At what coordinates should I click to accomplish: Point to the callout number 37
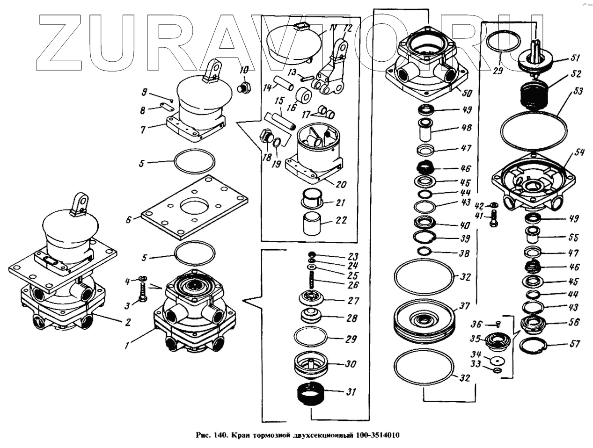click(x=464, y=306)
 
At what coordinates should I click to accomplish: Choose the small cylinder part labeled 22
click(x=311, y=224)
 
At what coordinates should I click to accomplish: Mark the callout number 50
click(x=467, y=93)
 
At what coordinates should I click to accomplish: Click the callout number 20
click(x=341, y=184)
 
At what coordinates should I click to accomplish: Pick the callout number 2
click(x=127, y=322)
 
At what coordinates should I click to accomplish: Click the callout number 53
click(x=578, y=91)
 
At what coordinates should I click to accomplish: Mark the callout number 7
click(x=143, y=130)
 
